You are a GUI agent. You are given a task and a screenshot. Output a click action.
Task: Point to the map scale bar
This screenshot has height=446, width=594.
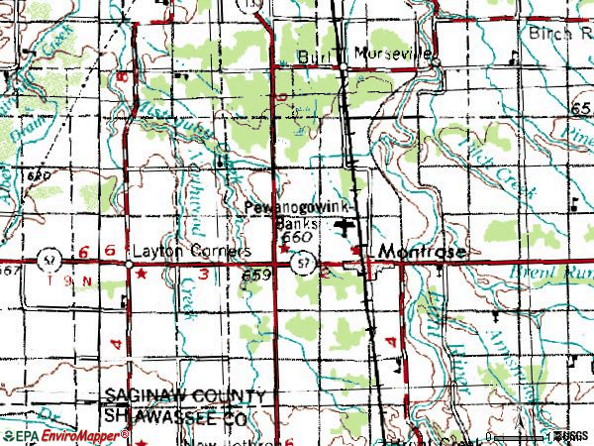[519, 436]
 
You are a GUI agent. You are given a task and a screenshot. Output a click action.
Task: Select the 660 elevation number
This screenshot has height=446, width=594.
[297, 239]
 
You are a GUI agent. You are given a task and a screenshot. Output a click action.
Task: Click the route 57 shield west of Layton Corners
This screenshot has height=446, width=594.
[47, 260]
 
